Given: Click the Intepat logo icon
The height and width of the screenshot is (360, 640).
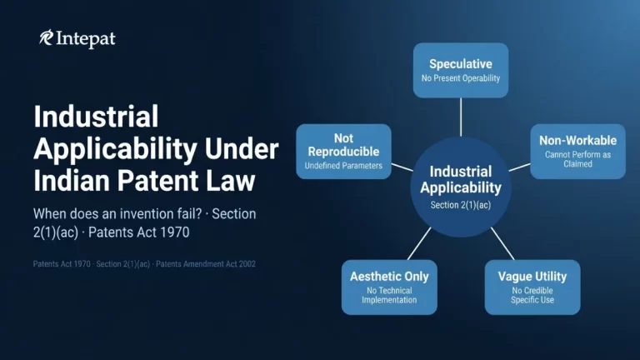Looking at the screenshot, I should (x=47, y=37).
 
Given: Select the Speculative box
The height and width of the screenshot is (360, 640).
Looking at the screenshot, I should (x=461, y=70).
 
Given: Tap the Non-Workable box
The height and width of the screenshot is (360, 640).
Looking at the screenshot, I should (x=577, y=151).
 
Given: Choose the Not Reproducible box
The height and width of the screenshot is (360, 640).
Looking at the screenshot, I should (x=343, y=151).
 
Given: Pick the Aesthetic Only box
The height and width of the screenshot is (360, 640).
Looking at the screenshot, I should (x=389, y=287).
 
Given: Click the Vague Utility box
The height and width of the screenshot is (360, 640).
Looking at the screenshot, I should (x=532, y=287).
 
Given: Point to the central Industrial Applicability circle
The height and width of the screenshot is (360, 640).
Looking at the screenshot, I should (x=461, y=186).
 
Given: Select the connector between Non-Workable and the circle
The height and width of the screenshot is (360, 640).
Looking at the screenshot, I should (x=519, y=167).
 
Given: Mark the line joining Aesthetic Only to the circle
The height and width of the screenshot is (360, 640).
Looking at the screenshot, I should (x=419, y=242).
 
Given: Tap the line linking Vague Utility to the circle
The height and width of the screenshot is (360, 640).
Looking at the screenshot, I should (x=502, y=242).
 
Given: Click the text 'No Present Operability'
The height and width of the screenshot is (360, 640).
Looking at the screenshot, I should (x=461, y=78).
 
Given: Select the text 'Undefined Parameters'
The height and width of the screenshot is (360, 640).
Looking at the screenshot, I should (x=343, y=167).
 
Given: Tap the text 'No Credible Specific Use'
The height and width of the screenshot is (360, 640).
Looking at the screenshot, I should (x=532, y=295).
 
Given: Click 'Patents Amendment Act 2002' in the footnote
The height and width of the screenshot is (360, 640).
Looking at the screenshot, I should (x=207, y=264).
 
